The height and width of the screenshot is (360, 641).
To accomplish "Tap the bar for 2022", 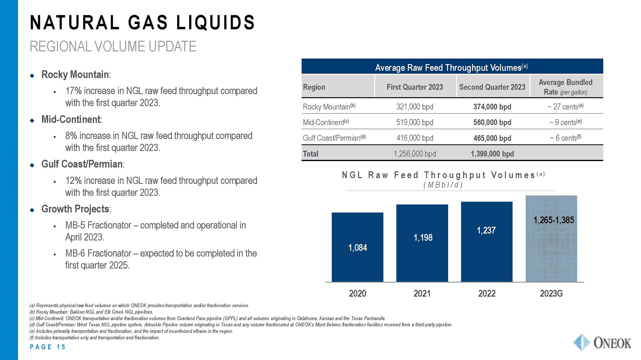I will point(487,241).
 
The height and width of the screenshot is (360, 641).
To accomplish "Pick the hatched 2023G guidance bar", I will point(551,250).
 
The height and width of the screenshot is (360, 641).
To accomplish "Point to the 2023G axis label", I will point(551,293).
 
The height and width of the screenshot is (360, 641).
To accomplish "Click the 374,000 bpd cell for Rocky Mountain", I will point(492,107).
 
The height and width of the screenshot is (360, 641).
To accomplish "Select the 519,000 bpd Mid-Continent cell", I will point(415,122).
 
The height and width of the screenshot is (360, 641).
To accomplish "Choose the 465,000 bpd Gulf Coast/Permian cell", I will point(492,138).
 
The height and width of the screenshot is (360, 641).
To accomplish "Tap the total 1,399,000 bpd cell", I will point(492,154).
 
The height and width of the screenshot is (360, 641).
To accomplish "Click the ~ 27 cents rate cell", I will point(566,107).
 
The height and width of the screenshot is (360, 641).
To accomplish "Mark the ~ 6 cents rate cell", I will point(566,138).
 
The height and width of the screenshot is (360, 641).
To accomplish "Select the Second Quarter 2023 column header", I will point(492,87).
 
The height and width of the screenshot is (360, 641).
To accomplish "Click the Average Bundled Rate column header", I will point(566,87).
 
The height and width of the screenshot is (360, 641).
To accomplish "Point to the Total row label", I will point(311,154).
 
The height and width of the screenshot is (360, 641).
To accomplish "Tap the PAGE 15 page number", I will point(47,347).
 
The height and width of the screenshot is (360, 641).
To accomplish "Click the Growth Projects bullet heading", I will point(75,209).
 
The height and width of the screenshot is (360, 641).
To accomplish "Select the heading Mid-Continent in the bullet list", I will point(71,119).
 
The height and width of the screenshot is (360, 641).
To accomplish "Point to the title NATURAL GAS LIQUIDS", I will point(142,22).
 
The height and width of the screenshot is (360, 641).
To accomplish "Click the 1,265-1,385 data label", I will point(554,220).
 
